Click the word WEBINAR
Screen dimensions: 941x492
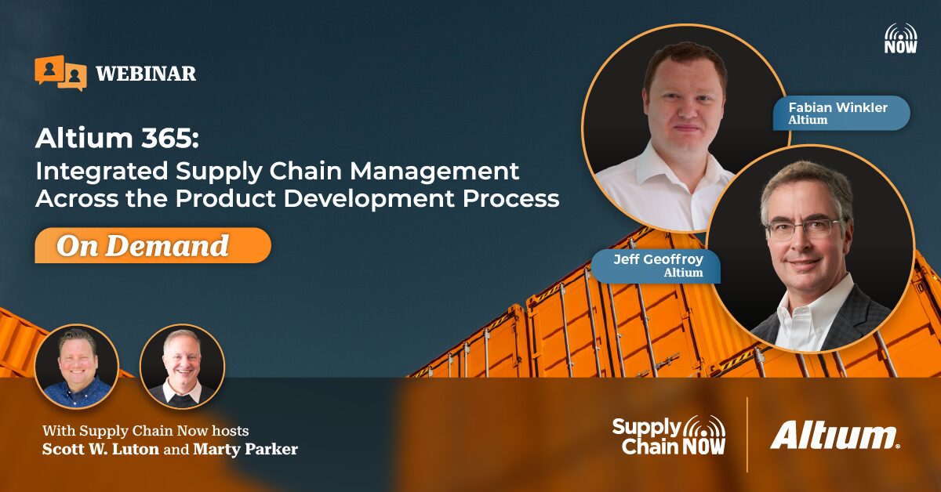(x=146, y=74)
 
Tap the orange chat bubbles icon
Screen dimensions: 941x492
(x=60, y=72)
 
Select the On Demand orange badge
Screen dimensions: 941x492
(x=153, y=245)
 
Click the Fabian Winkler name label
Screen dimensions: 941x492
(x=841, y=113)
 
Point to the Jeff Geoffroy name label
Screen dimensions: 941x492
(x=656, y=266)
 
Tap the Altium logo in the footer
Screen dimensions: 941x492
(x=834, y=436)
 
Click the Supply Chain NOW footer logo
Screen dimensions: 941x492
(x=669, y=436)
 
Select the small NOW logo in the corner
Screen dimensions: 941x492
(x=901, y=38)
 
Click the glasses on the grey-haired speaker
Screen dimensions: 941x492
(x=803, y=230)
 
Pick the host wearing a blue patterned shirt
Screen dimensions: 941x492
(x=77, y=367)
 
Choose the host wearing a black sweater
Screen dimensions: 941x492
(x=182, y=367)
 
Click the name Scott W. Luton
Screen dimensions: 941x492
(x=100, y=449)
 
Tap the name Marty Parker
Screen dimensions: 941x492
(x=245, y=449)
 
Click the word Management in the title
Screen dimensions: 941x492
(x=434, y=171)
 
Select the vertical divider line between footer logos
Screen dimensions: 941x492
(x=747, y=435)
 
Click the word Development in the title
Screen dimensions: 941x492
(x=369, y=198)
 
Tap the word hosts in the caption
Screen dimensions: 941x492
(x=230, y=431)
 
